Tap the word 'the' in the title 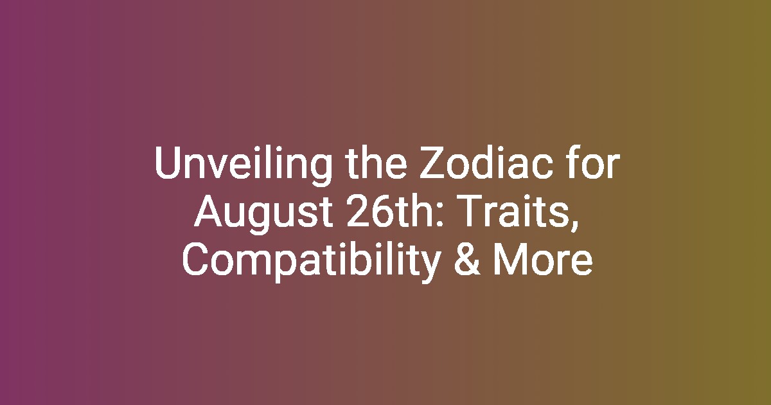pos(377,162)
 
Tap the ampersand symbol pos(466,259)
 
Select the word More pos(543,259)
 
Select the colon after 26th pos(440,215)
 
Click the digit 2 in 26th pos(357,211)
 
